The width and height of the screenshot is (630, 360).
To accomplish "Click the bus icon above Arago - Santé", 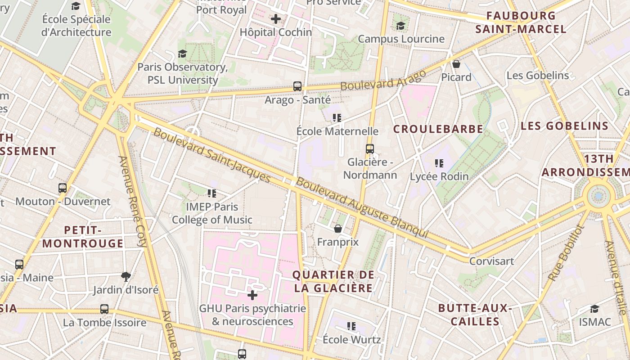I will tap(297, 86).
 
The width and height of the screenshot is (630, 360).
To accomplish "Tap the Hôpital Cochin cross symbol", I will tap(276, 19).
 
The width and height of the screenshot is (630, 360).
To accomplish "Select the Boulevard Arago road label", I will tap(383, 80).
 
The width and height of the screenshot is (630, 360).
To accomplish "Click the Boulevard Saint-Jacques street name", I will tap(212, 156).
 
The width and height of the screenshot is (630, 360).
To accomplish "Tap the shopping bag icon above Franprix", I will tap(338, 229).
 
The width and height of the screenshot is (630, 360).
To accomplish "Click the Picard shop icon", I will tap(456, 64).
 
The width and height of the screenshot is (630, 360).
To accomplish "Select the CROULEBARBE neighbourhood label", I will tap(438, 129).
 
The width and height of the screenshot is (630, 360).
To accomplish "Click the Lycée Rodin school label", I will tap(439, 176).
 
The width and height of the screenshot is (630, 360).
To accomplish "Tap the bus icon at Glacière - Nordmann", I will tap(370, 148).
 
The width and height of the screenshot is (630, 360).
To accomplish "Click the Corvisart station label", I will tap(491, 261).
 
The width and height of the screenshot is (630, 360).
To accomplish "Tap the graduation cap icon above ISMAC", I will tap(595, 309).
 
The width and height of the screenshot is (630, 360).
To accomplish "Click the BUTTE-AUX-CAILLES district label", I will tap(475, 315).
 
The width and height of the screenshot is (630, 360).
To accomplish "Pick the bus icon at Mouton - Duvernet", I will tap(63, 188).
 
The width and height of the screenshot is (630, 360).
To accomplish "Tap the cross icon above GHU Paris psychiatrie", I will tap(252, 295).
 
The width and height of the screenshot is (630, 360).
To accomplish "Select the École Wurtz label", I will tap(352, 339).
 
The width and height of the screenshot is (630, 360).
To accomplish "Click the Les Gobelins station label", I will tap(538, 75).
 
